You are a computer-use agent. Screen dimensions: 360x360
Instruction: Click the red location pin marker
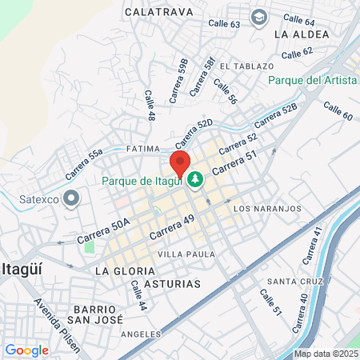(180, 162)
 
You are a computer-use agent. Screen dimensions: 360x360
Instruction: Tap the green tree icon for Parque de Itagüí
(194, 181)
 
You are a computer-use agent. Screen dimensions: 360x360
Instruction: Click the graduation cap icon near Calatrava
(258, 17)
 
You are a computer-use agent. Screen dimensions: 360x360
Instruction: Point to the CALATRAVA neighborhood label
(158, 13)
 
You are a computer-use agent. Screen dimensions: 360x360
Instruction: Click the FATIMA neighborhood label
(145, 150)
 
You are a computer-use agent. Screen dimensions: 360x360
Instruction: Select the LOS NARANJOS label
(266, 208)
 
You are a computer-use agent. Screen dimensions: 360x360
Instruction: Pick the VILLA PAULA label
(182, 254)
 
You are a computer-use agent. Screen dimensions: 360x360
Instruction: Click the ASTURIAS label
(172, 283)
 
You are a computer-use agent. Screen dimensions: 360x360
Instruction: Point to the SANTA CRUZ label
(294, 282)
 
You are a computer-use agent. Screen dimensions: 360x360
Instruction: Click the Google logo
(26, 350)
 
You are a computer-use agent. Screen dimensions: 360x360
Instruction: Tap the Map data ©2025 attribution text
(326, 354)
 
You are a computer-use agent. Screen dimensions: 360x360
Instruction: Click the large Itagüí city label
(27, 267)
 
